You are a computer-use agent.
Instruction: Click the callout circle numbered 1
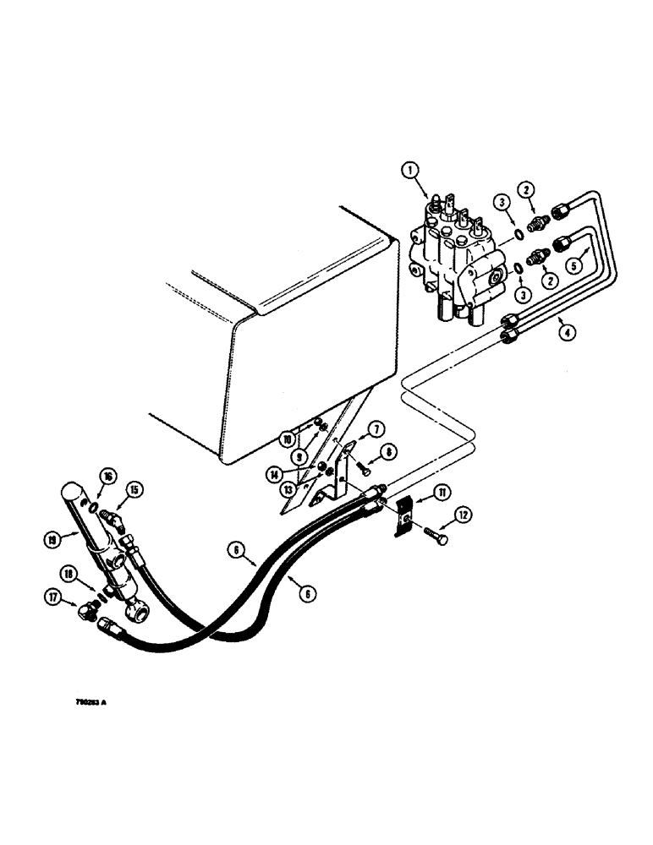(410, 172)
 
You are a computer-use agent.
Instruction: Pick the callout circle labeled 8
(388, 454)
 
